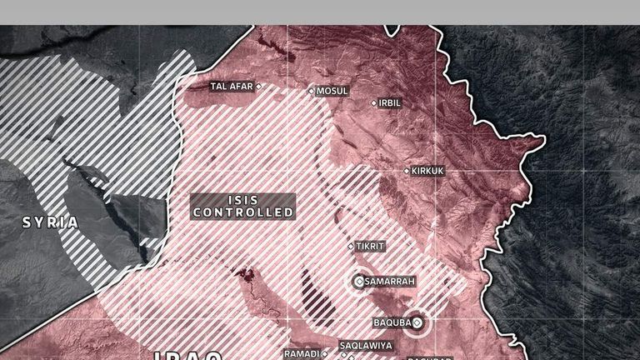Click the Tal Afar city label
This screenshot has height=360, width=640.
[x=231, y=86]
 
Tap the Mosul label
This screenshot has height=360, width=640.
[x=332, y=91]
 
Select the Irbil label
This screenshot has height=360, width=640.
[x=390, y=103]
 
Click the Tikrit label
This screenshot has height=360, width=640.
[x=370, y=246]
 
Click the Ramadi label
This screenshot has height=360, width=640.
[x=301, y=353]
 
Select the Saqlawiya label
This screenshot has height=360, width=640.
[x=365, y=345]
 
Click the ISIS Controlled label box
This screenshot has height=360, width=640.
[x=243, y=206]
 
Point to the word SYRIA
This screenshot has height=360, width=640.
[x=50, y=222]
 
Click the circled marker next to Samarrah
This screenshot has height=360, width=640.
[x=359, y=282]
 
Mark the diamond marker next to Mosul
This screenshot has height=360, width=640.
[x=312, y=91]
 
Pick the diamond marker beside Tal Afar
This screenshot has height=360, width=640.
[x=258, y=86]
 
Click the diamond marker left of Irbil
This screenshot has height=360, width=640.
[x=374, y=103]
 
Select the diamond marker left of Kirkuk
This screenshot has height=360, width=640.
[x=407, y=171]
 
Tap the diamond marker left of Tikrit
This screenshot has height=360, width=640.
[x=351, y=246]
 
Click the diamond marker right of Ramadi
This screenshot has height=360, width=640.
[x=324, y=353]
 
